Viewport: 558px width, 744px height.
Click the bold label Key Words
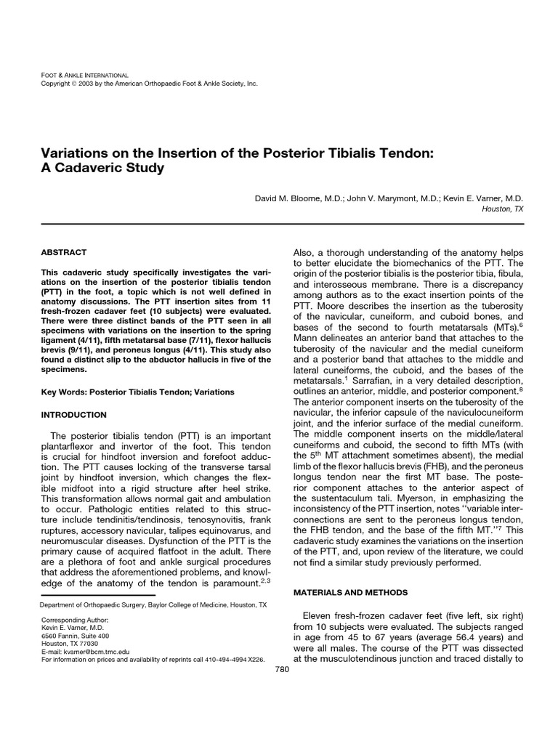pos(63,392)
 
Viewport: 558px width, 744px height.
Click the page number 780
pos(283,668)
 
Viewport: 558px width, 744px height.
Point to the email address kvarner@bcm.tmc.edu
pos(91,651)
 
